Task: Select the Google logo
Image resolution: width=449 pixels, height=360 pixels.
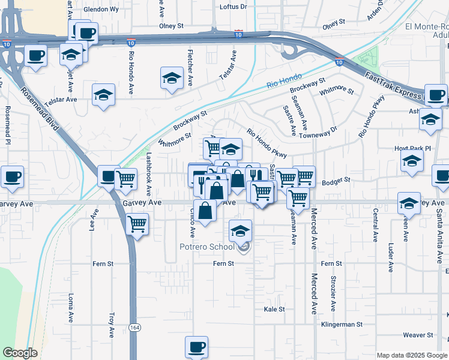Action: coord(20,353)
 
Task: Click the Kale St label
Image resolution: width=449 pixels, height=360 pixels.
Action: coord(274,309)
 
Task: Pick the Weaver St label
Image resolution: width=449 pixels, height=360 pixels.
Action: coord(418,335)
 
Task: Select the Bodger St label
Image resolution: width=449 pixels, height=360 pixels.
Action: coord(336,181)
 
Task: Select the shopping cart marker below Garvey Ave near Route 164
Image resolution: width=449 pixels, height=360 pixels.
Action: coord(137,224)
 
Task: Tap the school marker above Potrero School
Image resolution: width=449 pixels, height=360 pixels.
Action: coord(240,231)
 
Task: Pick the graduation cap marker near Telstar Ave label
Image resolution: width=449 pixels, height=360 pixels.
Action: coord(103,95)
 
